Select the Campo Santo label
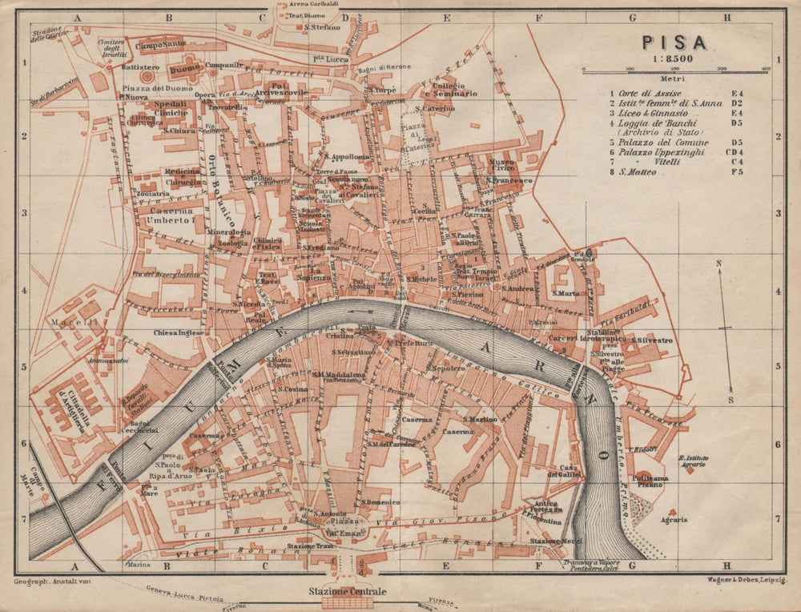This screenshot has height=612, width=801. pyautogui.click(x=160, y=46)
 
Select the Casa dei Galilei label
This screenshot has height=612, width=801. pyautogui.click(x=569, y=472)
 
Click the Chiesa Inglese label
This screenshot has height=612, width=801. pyautogui.click(x=176, y=332)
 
